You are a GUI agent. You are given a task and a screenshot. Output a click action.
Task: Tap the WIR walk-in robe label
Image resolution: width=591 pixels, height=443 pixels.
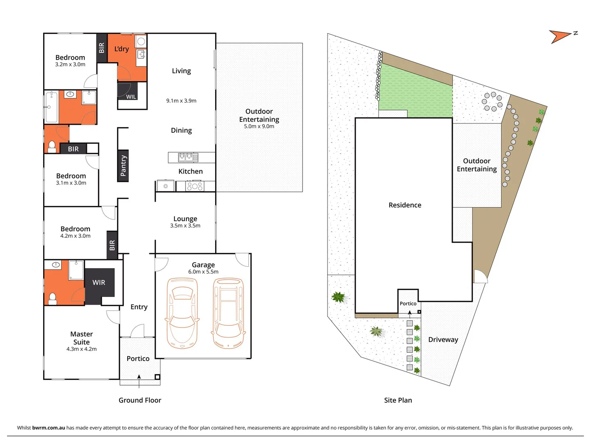[99, 283]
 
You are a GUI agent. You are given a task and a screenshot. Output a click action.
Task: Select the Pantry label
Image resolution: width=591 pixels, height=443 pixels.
[123, 166]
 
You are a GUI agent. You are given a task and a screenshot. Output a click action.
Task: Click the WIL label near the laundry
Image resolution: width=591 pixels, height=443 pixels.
[131, 97]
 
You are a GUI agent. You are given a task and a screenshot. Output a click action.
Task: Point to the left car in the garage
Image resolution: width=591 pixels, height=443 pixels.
[182, 313]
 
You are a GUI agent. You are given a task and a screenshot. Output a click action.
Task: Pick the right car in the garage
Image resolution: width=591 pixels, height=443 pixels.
[228, 313]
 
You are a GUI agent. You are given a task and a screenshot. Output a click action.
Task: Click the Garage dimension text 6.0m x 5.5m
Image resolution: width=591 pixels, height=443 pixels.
[203, 272]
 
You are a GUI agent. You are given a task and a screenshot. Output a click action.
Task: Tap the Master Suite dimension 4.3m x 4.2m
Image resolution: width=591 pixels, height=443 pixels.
[82, 349]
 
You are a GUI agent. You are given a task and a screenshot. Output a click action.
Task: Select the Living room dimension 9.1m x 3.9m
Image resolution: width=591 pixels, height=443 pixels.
[181, 100]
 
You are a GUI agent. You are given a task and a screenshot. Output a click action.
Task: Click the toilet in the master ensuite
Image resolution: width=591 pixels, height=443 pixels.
[53, 298]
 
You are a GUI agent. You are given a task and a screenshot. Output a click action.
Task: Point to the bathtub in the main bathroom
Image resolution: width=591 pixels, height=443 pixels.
[51, 107]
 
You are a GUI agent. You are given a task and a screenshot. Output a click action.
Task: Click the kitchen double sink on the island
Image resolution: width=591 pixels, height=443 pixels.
[185, 158]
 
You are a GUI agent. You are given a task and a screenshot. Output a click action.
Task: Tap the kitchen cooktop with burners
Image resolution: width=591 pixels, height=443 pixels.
[195, 186]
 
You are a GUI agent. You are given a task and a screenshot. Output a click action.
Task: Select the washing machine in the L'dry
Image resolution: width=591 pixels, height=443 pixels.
[141, 41]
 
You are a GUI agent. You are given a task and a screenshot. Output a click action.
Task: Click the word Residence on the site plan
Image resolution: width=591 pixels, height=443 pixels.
[405, 205]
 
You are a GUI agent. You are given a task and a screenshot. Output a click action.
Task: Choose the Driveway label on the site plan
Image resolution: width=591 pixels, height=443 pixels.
[443, 340]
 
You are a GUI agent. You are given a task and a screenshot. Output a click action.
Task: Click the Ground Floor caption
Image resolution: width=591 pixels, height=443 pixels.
[140, 400]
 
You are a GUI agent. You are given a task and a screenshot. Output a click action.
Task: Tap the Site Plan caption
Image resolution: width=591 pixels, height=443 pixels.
[398, 400]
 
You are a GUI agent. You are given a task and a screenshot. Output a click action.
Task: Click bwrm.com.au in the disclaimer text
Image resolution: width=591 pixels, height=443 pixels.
[48, 428]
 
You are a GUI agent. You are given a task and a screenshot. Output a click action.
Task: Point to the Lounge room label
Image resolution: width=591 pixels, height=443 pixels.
[185, 219]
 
